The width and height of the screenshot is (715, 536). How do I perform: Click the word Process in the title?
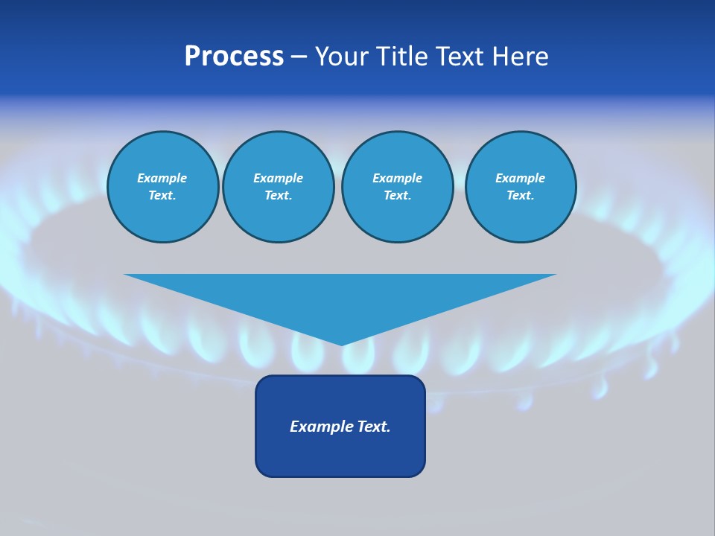coord(234,57)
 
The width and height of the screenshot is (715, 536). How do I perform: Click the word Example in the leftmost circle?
coord(162,178)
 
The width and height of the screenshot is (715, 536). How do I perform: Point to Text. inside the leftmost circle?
coord(162,196)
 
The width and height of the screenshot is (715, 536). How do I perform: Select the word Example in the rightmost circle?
coord(520,178)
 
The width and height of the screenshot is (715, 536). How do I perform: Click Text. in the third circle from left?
coord(397,196)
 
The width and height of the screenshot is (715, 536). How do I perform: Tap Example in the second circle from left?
coord(278,178)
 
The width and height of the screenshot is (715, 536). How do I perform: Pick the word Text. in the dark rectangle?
coord(374,427)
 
